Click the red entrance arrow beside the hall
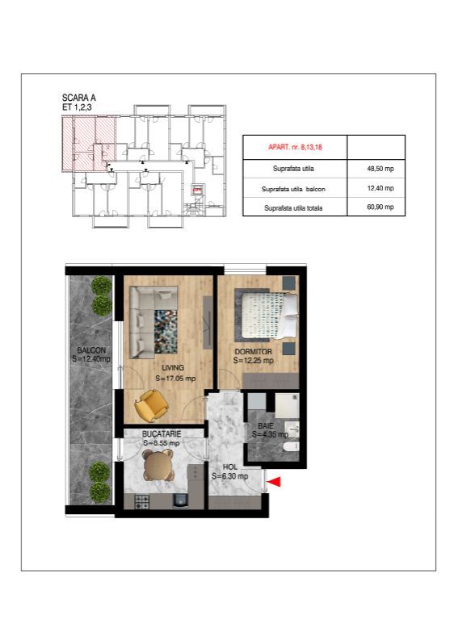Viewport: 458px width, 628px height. coord(275,482)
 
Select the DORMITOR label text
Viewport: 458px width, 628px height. coord(253,351)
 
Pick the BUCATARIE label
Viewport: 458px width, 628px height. coord(161,433)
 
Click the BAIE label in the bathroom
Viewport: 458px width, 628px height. coord(265,425)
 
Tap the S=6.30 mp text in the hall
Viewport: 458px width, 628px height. coord(229,476)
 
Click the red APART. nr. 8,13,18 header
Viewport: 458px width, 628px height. coord(294,148)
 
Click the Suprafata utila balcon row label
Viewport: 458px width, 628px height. coord(294,188)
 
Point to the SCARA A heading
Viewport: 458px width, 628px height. coord(78,96)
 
